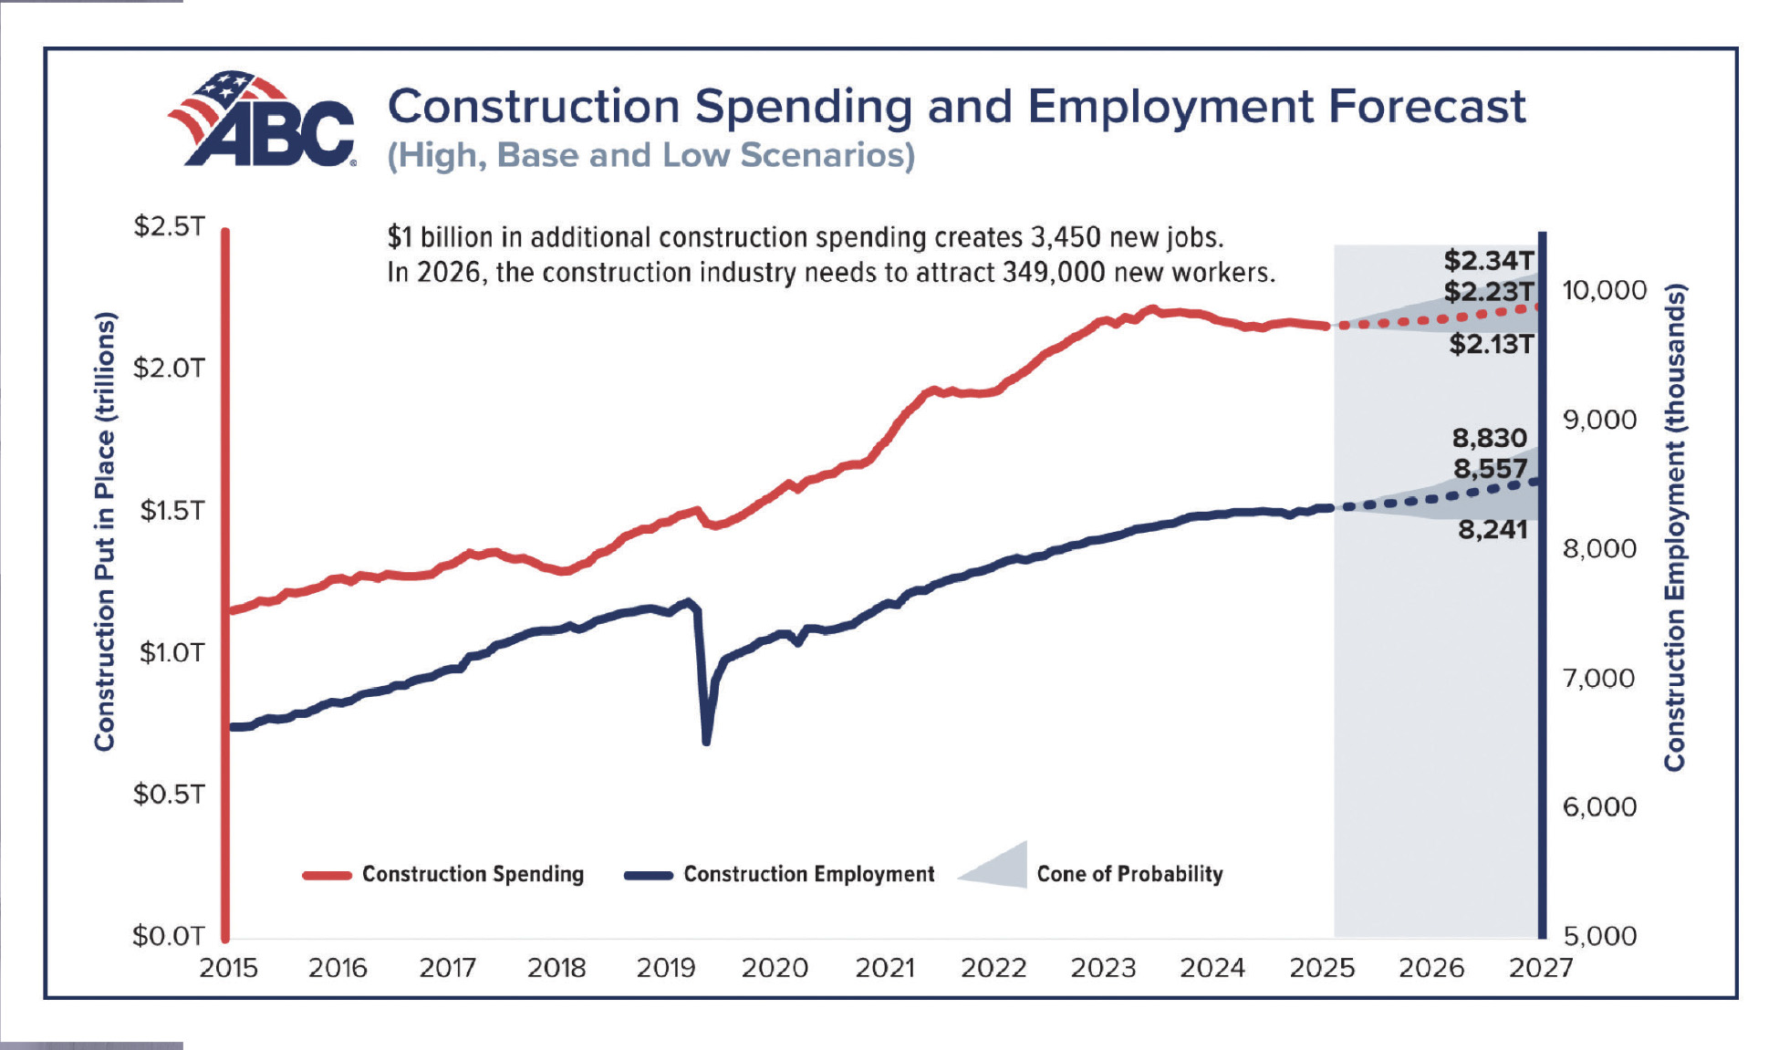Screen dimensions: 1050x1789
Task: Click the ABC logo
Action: point(263,120)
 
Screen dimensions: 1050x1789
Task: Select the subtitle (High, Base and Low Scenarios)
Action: point(650,156)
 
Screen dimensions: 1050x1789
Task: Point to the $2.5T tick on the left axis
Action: point(170,226)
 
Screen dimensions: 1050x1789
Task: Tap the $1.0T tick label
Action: point(172,652)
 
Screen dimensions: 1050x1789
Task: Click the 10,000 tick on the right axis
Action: point(1604,291)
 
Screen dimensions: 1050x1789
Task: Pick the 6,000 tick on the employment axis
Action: point(1599,806)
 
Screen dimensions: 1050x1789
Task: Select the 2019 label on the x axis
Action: point(665,968)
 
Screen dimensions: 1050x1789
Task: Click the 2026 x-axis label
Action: point(1430,968)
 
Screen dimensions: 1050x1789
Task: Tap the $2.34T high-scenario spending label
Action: point(1489,261)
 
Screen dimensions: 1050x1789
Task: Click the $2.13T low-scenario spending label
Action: point(1492,344)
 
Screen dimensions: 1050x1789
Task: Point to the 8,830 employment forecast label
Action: point(1489,438)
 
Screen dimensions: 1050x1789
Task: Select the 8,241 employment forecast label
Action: point(1493,529)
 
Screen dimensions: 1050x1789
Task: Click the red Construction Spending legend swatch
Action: point(327,875)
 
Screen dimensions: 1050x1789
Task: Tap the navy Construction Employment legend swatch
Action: point(648,875)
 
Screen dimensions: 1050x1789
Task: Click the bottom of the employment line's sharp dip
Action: point(706,741)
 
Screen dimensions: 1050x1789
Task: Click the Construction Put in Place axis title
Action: point(105,531)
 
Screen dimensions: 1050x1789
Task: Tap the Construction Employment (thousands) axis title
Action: point(1674,527)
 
